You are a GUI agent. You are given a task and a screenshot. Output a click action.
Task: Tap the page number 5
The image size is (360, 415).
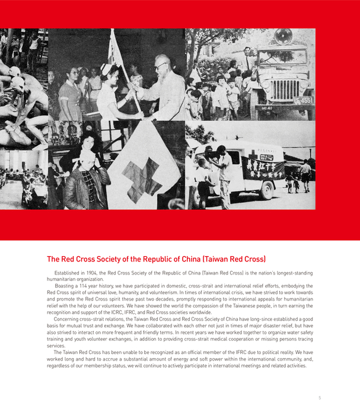click(x=320, y=398)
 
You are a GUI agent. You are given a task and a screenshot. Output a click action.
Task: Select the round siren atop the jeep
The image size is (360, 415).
click(x=283, y=36)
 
